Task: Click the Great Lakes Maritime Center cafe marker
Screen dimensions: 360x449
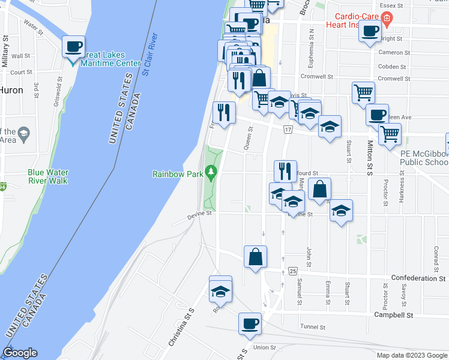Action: [x=74, y=47]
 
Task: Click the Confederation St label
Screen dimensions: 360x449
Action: [x=418, y=278]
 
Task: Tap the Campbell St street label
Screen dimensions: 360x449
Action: [x=393, y=314]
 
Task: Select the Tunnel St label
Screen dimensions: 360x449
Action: [x=313, y=327]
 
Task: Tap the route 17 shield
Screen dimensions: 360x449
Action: [x=288, y=130]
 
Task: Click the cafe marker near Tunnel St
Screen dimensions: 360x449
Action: [x=250, y=324]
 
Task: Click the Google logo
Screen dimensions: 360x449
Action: [x=20, y=353]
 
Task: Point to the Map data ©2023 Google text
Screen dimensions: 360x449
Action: [x=411, y=355]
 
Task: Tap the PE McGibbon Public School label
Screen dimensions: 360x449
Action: [x=424, y=158]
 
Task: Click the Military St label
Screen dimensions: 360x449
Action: [x=5, y=51]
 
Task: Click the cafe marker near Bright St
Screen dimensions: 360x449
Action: [x=370, y=31]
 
